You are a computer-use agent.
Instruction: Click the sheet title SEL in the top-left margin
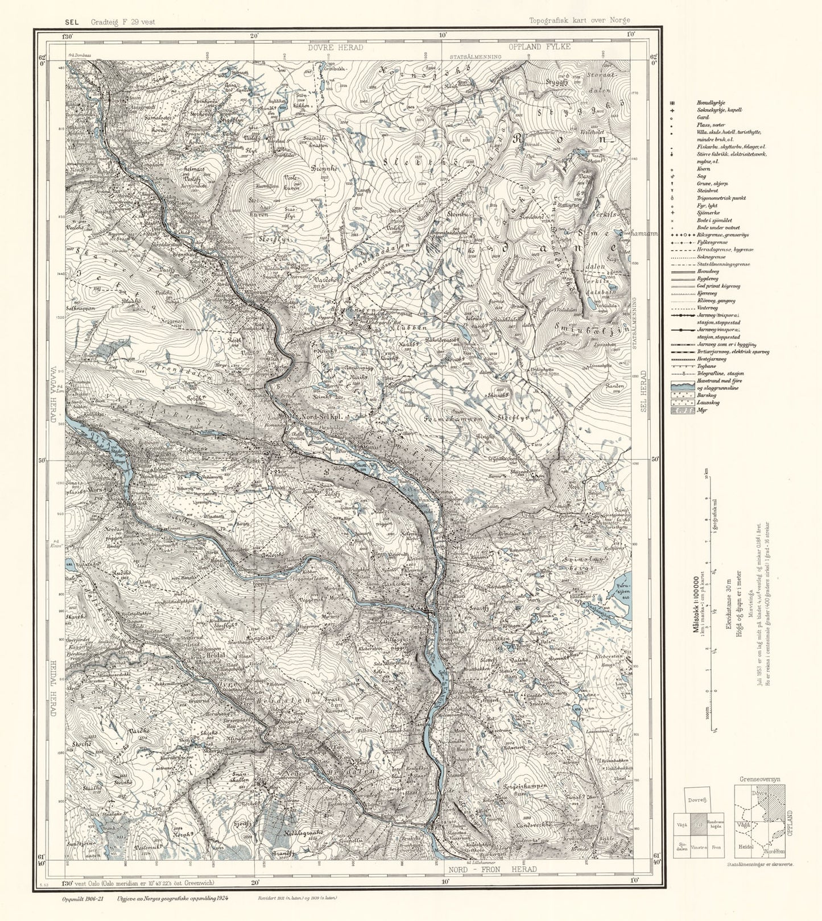pos(72,22)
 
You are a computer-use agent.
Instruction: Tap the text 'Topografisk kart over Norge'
pos(579,20)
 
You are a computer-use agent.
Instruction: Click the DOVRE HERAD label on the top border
pos(336,48)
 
